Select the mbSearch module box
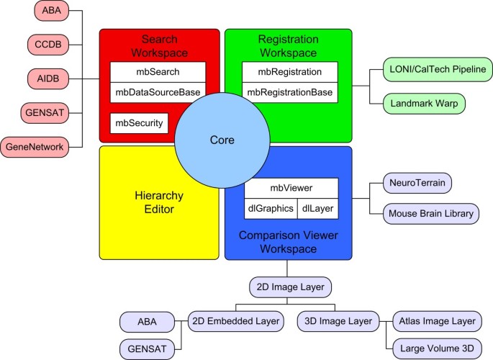(x=158, y=72)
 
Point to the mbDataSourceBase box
(x=158, y=92)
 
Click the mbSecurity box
(x=138, y=123)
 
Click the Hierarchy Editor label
(x=159, y=202)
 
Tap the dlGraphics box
(x=271, y=209)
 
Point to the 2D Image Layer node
(x=290, y=287)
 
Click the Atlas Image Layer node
(x=434, y=320)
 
